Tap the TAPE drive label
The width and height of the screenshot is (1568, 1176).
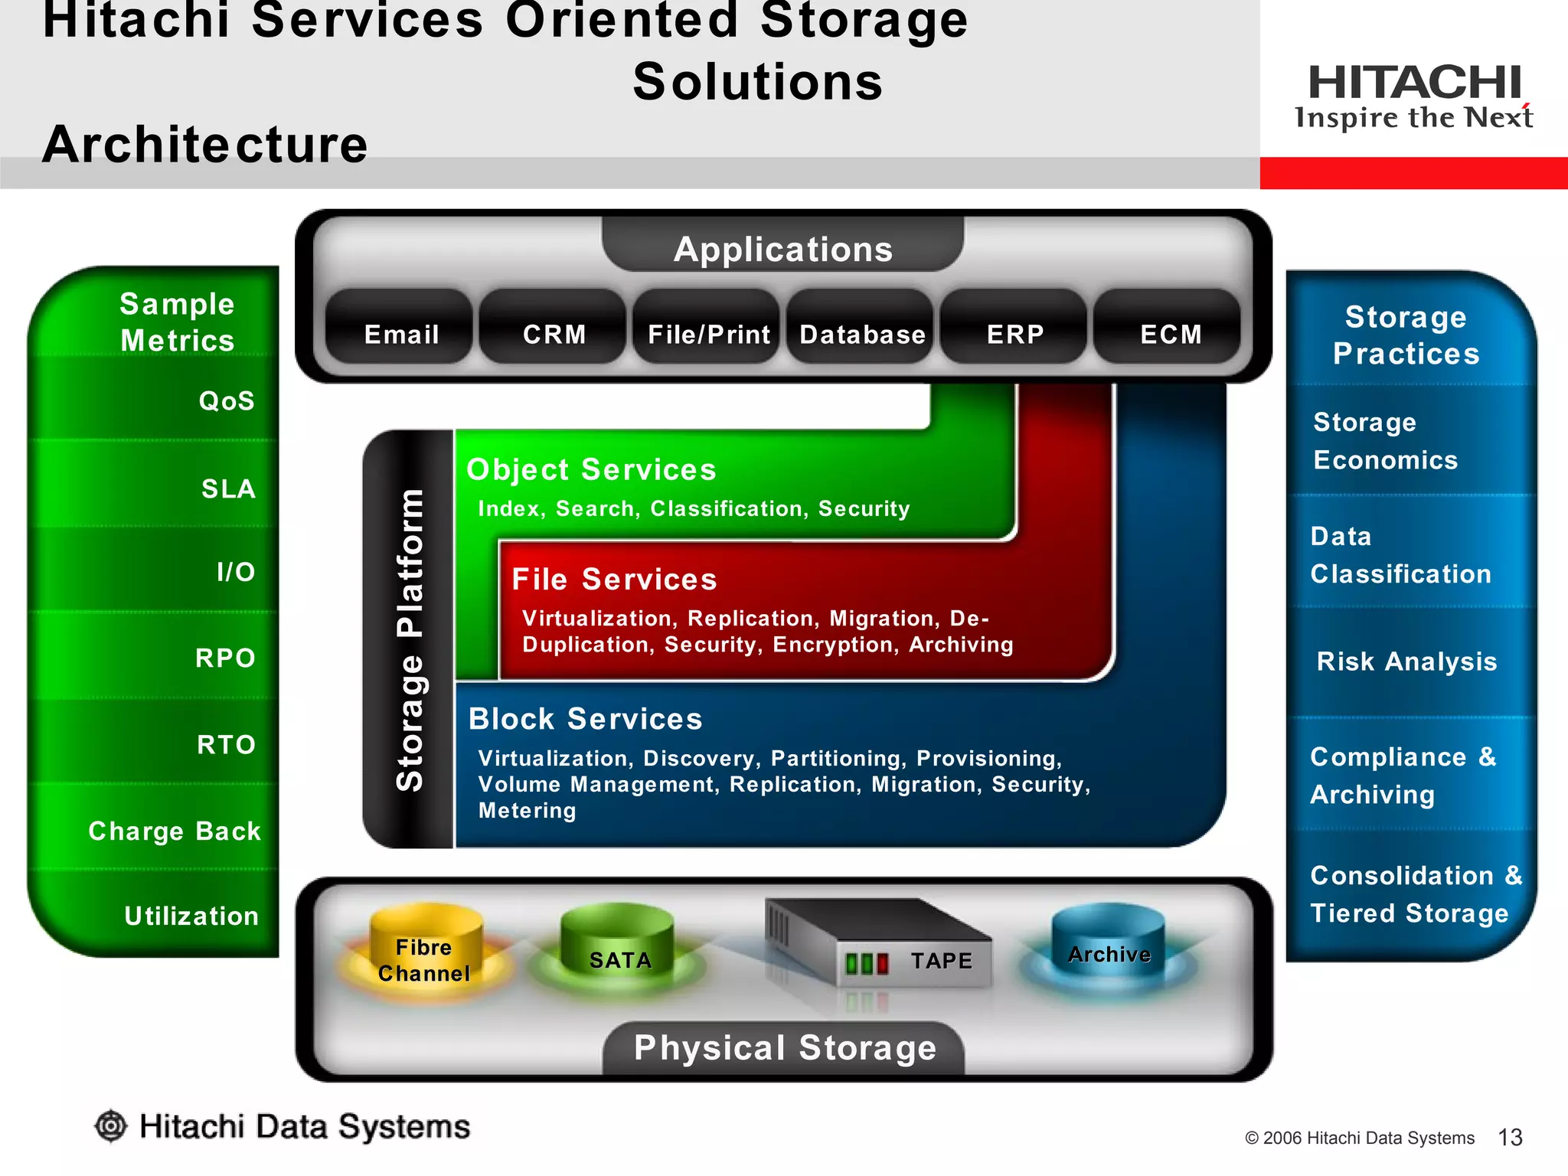pyautogui.click(x=941, y=961)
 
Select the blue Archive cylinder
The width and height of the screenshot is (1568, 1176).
pyautogui.click(x=1109, y=949)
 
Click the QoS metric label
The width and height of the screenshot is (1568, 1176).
pyautogui.click(x=227, y=401)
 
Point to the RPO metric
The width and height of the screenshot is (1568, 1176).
pyautogui.click(x=225, y=658)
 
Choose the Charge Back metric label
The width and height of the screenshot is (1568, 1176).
pyautogui.click(x=175, y=831)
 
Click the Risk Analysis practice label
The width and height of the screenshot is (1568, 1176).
pyautogui.click(x=1406, y=661)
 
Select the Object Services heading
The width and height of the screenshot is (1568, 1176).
pyautogui.click(x=591, y=469)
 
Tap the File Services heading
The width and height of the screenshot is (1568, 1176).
pyautogui.click(x=614, y=580)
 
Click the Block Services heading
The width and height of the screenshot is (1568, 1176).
pyautogui.click(x=586, y=719)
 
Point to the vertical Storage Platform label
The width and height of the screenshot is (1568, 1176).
pyautogui.click(x=410, y=639)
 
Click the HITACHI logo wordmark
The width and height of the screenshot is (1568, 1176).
pyautogui.click(x=1415, y=82)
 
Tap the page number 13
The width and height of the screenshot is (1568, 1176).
pyautogui.click(x=1510, y=1138)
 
